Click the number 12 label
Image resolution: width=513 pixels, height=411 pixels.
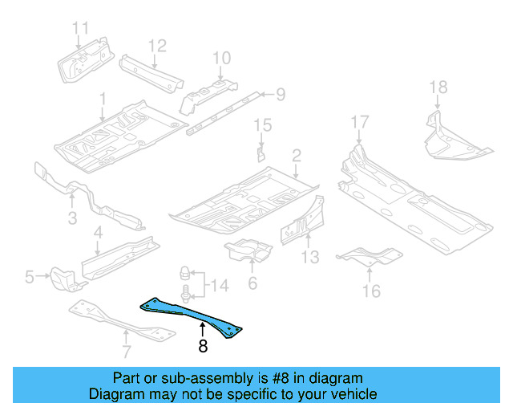tap(156, 45)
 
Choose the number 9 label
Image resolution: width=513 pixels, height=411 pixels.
tap(280, 96)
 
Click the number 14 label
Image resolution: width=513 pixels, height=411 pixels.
tap(219, 284)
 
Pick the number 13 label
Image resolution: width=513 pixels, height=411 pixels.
tap(310, 257)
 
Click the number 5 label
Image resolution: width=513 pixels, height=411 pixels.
tap(30, 278)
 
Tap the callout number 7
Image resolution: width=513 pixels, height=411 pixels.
tap(125, 350)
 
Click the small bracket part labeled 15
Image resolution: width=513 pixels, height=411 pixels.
tap(261, 153)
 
